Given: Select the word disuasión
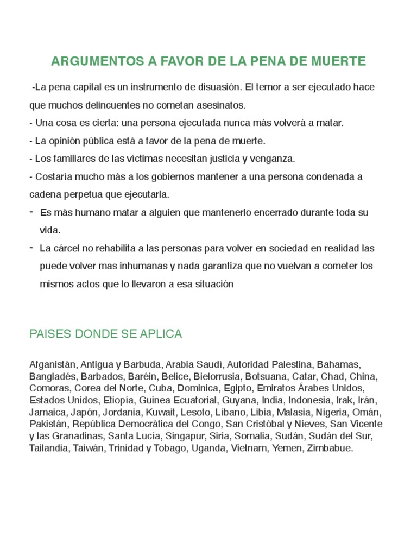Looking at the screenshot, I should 216,87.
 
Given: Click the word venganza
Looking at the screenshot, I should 271,159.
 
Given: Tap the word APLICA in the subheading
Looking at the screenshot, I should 163,334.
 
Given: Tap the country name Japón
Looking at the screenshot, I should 83,412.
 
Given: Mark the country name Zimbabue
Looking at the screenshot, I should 330,448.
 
